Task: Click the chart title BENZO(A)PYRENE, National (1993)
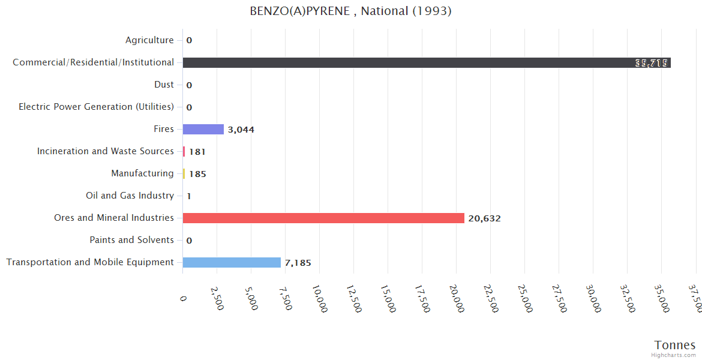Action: click(350, 11)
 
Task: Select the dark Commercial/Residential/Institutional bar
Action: click(426, 62)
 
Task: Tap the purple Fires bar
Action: click(203, 129)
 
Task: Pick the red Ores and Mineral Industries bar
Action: click(323, 218)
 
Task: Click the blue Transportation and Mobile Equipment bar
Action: click(232, 262)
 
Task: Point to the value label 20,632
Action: click(484, 218)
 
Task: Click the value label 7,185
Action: click(298, 263)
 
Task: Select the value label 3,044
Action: click(241, 130)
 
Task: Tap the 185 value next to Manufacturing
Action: click(197, 174)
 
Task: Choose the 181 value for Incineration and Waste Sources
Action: click(197, 152)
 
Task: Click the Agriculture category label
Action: click(149, 40)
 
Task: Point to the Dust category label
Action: click(164, 85)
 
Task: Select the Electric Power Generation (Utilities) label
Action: click(96, 107)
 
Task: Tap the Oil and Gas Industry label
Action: click(130, 196)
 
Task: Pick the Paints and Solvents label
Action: click(131, 240)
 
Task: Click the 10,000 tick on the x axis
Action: click(320, 298)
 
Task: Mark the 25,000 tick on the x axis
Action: click(525, 298)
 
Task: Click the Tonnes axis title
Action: click(674, 344)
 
